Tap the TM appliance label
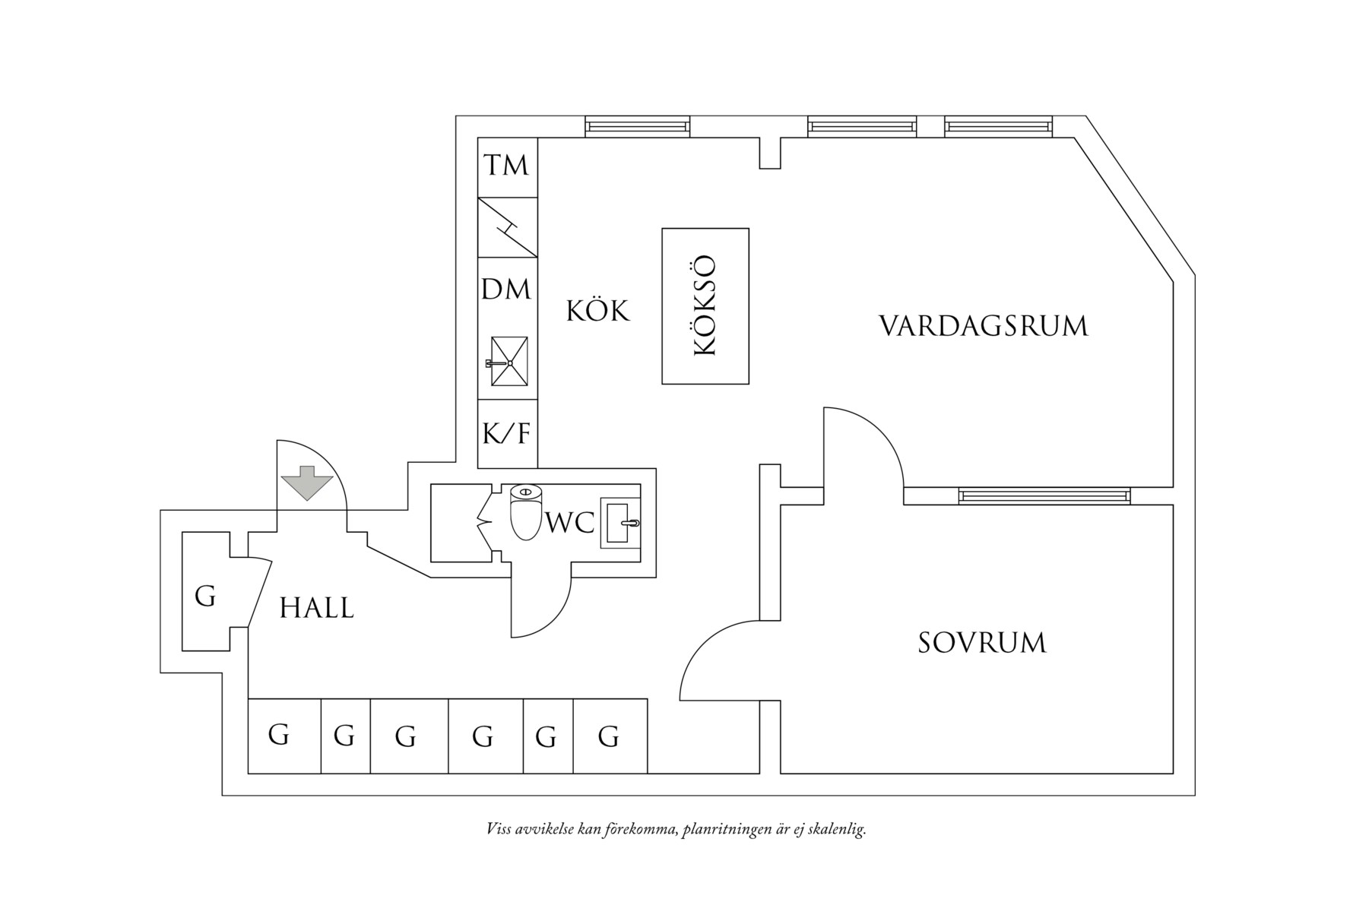[x=507, y=165]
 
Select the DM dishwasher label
[x=506, y=290]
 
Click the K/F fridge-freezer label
[x=507, y=434]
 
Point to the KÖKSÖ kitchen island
[x=705, y=305]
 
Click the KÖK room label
[x=598, y=311]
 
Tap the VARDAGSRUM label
[x=984, y=326]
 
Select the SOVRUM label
[x=982, y=643]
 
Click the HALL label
[x=317, y=608]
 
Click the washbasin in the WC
[x=621, y=523]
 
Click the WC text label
[x=570, y=523]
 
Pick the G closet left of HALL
[x=205, y=597]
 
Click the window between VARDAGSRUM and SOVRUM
[x=1044, y=496]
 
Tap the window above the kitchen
[x=637, y=126]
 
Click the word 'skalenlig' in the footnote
[x=835, y=829]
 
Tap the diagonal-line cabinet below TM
[x=507, y=227]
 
